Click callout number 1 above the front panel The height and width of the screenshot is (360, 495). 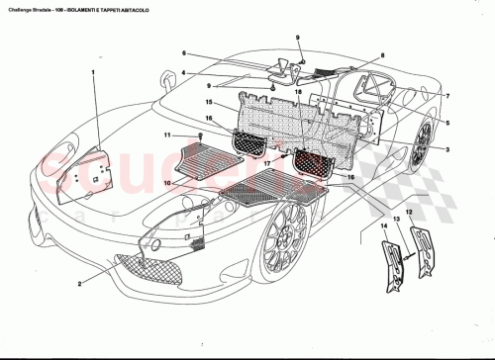(94, 72)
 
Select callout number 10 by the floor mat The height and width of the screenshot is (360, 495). (168, 183)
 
